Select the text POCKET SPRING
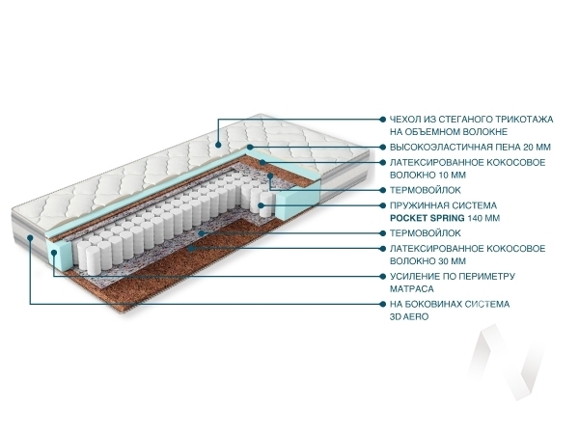click(425, 218)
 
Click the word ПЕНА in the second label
click(500, 147)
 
